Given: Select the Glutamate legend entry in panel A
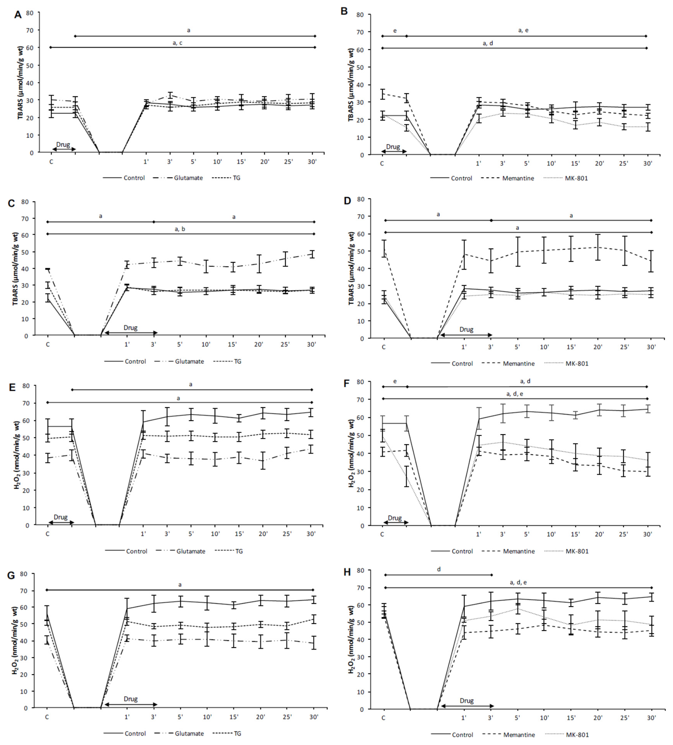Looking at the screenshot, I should tap(188, 178).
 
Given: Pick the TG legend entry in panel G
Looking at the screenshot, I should tap(237, 733).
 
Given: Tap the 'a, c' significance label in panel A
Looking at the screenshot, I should tap(177, 43).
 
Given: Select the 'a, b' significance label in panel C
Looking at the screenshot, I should tap(180, 229).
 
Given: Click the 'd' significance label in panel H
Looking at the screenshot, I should tap(439, 569).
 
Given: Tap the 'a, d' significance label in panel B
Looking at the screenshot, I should tap(488, 43).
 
